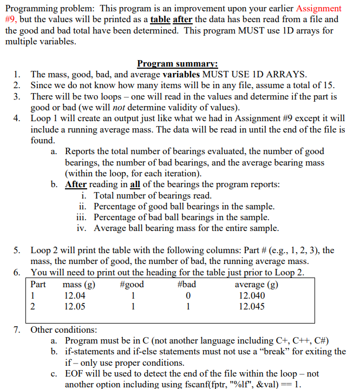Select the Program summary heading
click(x=177, y=63)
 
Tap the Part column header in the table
click(x=38, y=284)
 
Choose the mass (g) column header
click(x=79, y=284)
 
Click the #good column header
click(x=131, y=284)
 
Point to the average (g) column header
click(x=257, y=284)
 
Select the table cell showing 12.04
click(x=74, y=295)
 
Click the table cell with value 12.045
click(x=252, y=306)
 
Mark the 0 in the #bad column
click(x=187, y=295)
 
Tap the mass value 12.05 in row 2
click(x=74, y=306)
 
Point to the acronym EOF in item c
click(x=75, y=373)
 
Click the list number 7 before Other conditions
click(x=17, y=329)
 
